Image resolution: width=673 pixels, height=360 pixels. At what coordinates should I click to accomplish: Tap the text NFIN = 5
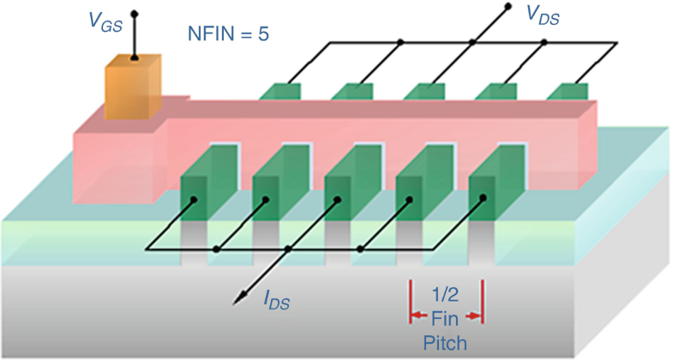pyautogui.click(x=228, y=35)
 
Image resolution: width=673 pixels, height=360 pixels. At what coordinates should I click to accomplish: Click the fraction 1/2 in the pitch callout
pyautogui.click(x=446, y=294)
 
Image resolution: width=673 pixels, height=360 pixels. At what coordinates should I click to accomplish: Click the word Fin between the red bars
pyautogui.click(x=446, y=318)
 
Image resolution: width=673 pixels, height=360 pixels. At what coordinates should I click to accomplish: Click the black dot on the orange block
pyautogui.click(x=133, y=59)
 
